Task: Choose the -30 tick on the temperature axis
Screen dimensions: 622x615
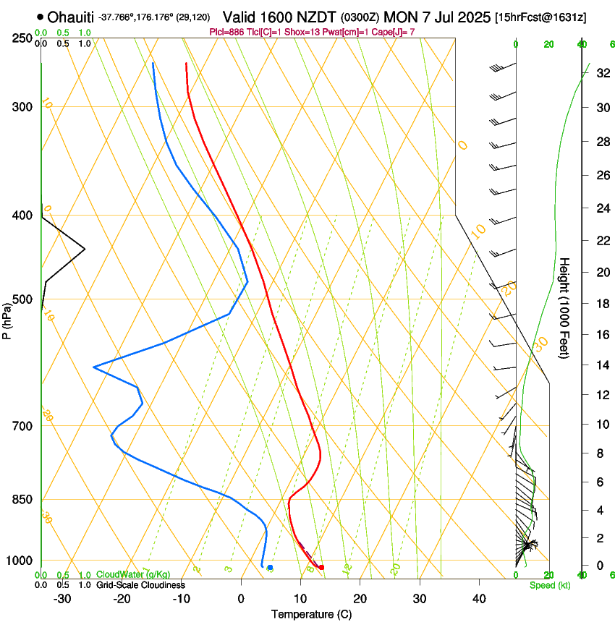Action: [62, 599]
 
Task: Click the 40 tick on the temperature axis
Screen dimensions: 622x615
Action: [479, 599]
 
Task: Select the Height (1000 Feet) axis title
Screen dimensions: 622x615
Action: [565, 307]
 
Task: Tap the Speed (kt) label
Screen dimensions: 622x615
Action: [549, 584]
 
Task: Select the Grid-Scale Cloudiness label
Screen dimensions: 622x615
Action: [140, 584]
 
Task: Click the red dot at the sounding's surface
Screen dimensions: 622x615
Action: [321, 567]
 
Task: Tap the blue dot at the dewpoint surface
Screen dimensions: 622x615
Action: [270, 568]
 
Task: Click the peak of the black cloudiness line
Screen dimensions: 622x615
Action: [85, 250]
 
